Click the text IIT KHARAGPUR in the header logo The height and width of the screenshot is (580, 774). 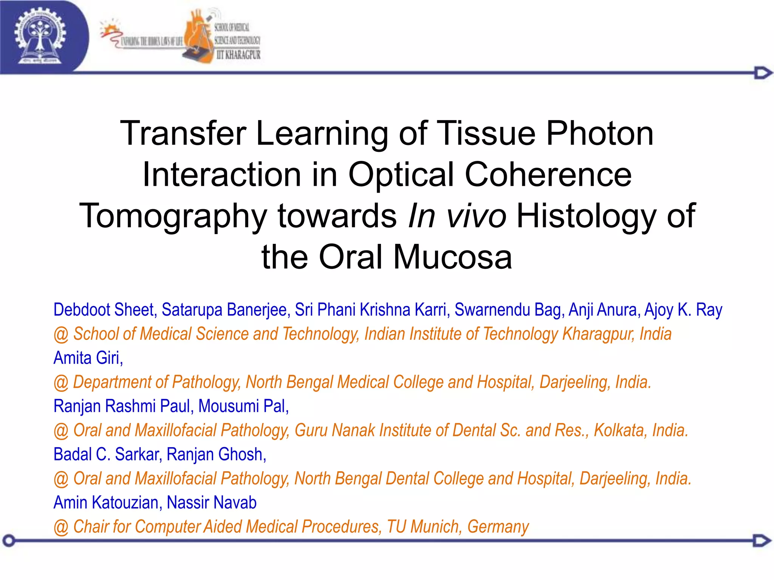tap(238, 55)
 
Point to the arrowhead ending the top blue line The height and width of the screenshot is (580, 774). tap(763, 73)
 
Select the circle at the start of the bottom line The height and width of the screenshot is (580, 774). tap(9, 541)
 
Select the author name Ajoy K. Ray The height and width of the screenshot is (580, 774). tap(683, 310)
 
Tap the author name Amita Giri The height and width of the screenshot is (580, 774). tap(88, 358)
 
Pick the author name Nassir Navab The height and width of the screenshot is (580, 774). tap(212, 503)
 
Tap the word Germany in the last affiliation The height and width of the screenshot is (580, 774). tap(498, 527)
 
